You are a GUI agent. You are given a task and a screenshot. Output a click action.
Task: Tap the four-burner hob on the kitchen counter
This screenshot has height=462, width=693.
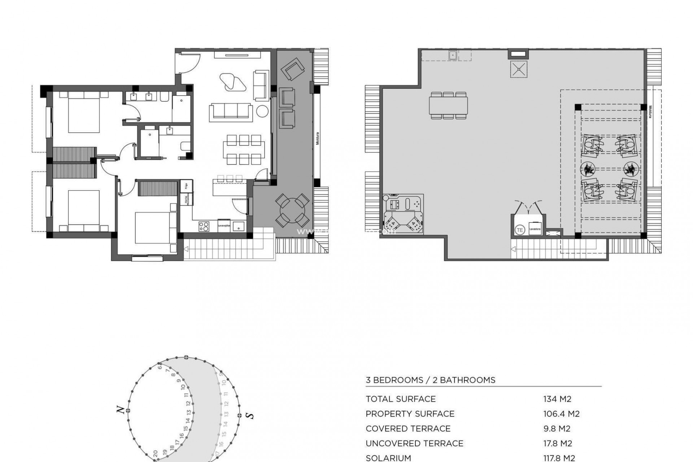tap(204, 226)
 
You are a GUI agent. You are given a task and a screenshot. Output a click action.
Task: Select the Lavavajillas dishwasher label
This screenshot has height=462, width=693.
tap(223, 226)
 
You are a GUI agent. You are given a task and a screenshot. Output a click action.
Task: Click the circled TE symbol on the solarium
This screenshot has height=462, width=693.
tap(520, 230)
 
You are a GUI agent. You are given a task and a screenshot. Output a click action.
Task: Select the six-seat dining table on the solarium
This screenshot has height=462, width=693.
tap(449, 105)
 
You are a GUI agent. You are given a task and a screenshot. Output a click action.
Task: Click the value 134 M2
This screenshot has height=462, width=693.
tap(557, 399)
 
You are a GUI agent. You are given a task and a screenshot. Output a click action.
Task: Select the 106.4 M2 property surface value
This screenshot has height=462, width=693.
tap(561, 414)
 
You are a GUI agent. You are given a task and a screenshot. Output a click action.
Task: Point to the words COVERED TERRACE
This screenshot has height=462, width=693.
tap(408, 428)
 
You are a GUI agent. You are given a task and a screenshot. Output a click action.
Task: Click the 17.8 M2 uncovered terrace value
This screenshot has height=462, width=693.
tap(557, 443)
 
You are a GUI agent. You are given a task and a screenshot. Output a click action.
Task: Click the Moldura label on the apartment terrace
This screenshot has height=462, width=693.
tap(318, 138)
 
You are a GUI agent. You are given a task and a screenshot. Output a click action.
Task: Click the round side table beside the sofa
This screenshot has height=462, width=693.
tap(262, 111)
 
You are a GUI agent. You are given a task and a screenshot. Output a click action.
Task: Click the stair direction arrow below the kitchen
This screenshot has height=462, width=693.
tap(186, 249)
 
